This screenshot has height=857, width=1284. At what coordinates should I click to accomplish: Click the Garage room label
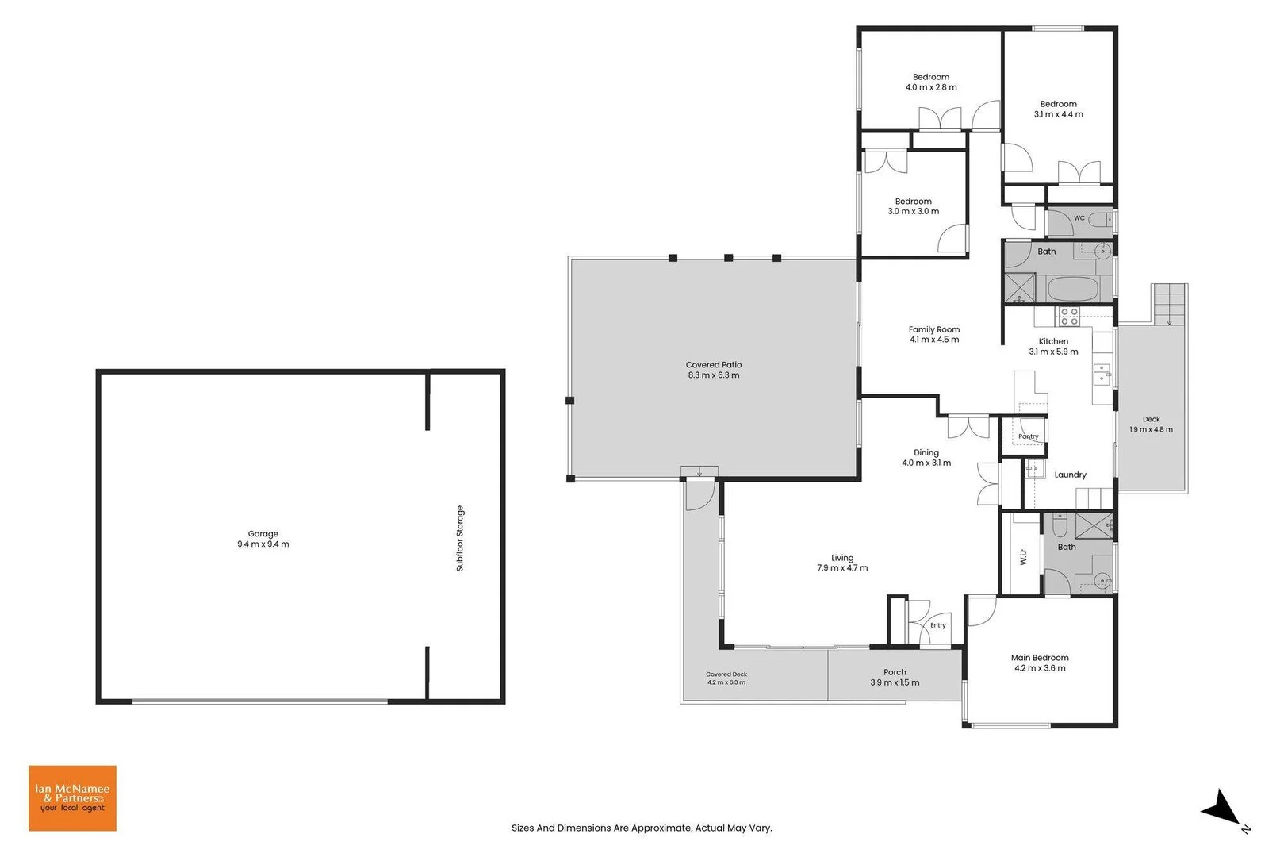point(263,533)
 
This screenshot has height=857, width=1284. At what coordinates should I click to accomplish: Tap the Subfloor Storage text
point(460,538)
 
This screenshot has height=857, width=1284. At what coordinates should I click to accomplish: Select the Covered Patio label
point(714,365)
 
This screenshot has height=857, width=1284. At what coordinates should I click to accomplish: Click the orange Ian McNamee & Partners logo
point(73,798)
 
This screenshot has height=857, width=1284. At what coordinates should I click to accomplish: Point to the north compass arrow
point(1223,809)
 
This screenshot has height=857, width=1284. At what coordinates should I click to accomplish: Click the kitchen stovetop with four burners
point(1069,317)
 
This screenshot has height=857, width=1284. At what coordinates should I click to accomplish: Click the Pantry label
point(1029,436)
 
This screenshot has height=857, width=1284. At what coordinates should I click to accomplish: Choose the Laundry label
point(1070,475)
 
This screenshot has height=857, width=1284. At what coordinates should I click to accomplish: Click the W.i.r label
point(1024,557)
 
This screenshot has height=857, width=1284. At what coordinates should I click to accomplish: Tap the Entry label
point(937,625)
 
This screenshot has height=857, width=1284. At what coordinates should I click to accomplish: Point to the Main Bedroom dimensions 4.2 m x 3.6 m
point(1040,668)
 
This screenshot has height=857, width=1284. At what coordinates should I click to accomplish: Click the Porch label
point(895,672)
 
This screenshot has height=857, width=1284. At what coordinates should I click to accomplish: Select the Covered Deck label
point(726,674)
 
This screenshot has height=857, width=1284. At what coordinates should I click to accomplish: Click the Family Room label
point(934,329)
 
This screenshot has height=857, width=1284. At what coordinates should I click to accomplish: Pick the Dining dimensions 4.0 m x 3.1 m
point(926,463)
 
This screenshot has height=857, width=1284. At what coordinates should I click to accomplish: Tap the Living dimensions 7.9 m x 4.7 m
point(842,568)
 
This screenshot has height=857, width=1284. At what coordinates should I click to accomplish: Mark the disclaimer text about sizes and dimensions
point(642,828)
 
